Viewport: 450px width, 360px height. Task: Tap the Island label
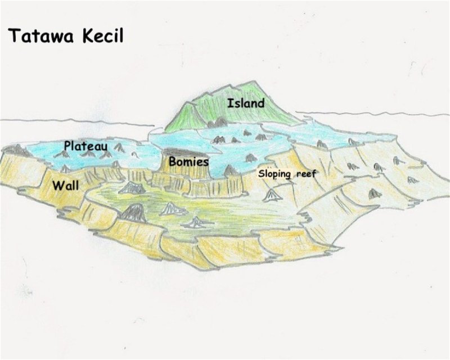pyautogui.click(x=245, y=103)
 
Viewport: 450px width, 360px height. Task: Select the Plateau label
pyautogui.click(x=85, y=146)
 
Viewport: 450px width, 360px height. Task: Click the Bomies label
pyautogui.click(x=189, y=162)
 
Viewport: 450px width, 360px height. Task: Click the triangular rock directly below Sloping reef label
pyautogui.click(x=272, y=195)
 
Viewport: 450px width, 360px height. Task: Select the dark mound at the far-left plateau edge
pyautogui.click(x=17, y=150)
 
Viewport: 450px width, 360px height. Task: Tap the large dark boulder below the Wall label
pyautogui.click(x=133, y=213)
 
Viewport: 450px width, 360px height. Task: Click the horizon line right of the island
pyautogui.click(x=371, y=112)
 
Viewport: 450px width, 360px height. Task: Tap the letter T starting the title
pyautogui.click(x=13, y=37)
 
